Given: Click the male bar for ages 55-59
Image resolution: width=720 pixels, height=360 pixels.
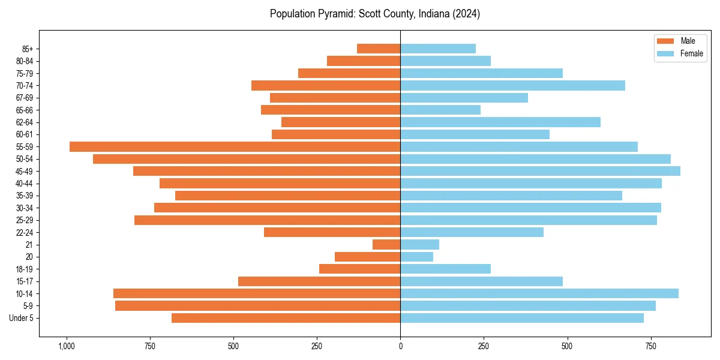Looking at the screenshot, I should tap(235, 147).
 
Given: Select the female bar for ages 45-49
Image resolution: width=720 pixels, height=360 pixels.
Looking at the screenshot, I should tap(540, 171).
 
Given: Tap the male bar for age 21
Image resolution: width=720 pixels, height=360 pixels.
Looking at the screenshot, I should tap(386, 245).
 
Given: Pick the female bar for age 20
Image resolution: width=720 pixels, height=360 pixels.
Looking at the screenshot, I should tap(416, 257).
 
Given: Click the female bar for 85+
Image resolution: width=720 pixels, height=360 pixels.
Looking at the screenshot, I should tap(438, 49).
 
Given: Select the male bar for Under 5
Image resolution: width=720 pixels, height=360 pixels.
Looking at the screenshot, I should tap(286, 318).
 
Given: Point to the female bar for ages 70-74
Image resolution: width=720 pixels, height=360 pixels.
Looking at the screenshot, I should tap(512, 86).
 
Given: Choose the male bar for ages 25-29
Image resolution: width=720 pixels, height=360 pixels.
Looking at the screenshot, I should tap(267, 220).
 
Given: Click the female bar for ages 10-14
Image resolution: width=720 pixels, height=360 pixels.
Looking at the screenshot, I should tap(539, 293).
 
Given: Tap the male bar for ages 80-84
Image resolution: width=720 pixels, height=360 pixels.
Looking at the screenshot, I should tap(364, 61).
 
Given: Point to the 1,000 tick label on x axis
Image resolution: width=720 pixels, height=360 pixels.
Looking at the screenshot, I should tap(66, 346).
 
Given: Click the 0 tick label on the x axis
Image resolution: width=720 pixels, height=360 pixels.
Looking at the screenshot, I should tap(400, 346).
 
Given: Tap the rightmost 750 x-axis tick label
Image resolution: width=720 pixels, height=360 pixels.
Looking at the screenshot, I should tap(650, 346).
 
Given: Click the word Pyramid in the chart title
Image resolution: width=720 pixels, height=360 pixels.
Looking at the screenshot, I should tap(336, 13).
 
